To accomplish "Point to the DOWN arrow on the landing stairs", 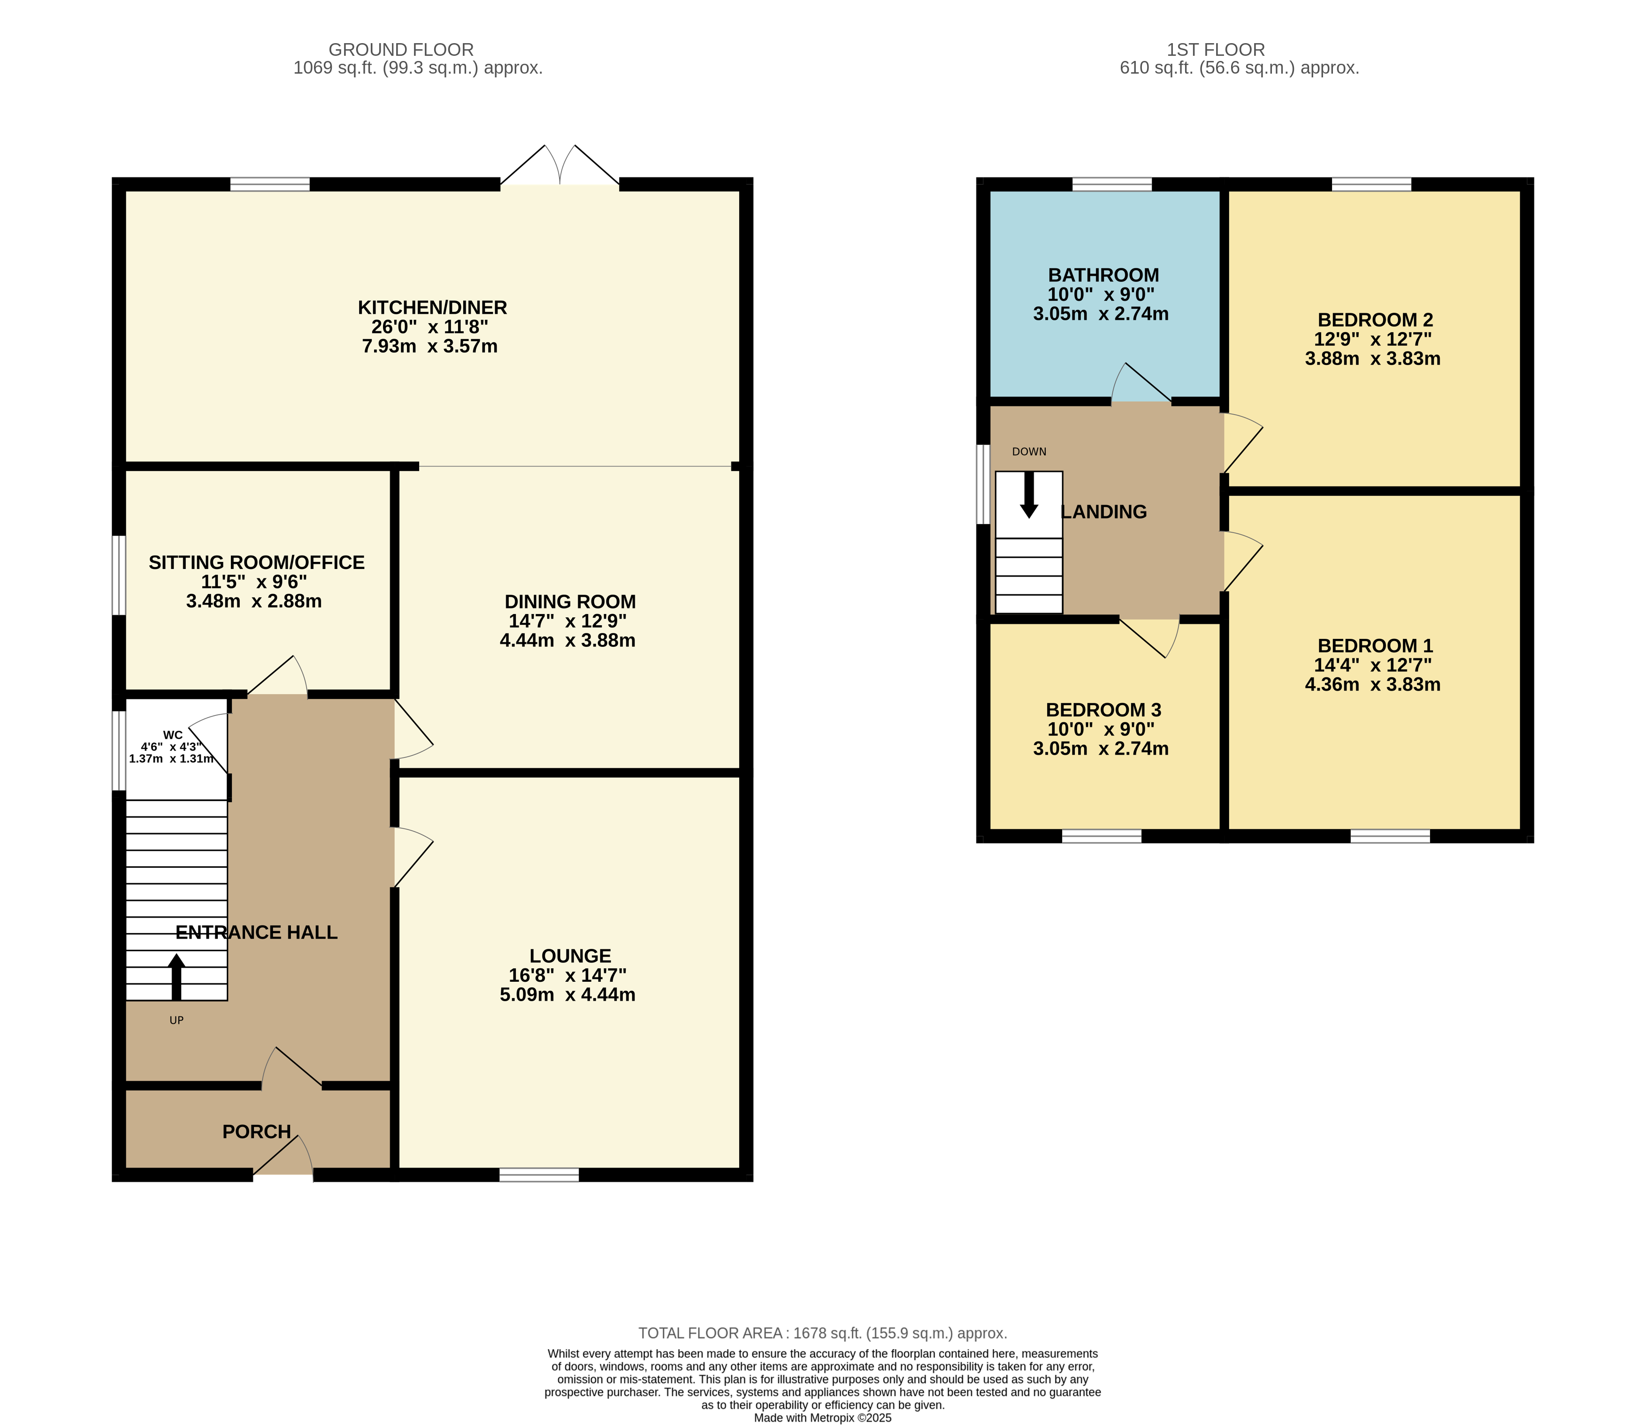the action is (1029, 494).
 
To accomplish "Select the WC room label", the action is (173, 735).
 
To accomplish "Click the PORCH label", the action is (256, 1131).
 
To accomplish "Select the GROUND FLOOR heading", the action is (401, 49).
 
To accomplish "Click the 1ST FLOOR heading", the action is (1216, 49).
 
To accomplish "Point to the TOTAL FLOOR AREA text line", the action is (823, 1333).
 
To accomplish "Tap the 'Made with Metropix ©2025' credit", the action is (823, 1417).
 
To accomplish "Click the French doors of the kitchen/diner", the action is (559, 166).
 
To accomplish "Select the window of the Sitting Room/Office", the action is (119, 575).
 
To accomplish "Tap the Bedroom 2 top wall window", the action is (1371, 184).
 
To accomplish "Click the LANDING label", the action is (1104, 512).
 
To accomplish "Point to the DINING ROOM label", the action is (570, 602).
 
